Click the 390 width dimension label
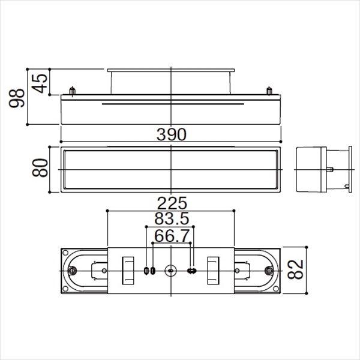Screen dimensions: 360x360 pyautogui.click(x=171, y=134)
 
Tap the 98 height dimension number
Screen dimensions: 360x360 pyautogui.click(x=17, y=98)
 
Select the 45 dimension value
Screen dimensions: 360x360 pyautogui.click(x=40, y=83)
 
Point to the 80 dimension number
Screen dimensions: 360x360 pyautogui.click(x=40, y=168)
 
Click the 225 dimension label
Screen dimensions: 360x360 pyautogui.click(x=172, y=203)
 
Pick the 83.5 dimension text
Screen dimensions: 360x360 pyautogui.click(x=172, y=218)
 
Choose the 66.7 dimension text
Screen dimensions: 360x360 pyautogui.click(x=172, y=236)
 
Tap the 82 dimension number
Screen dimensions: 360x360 pyautogui.click(x=295, y=269)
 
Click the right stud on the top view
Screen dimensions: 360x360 pyautogui.click(x=269, y=91)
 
